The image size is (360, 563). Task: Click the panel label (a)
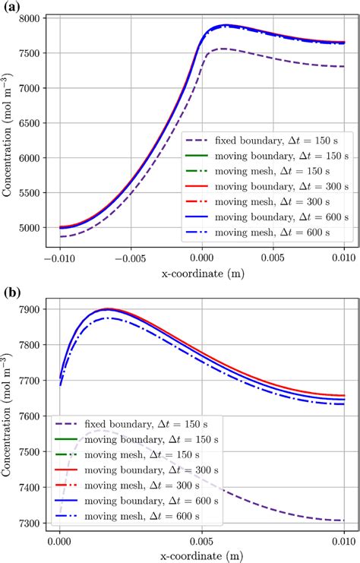click(11, 7)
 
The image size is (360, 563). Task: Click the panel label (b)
click(11, 291)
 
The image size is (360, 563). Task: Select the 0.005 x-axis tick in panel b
click(201, 544)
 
